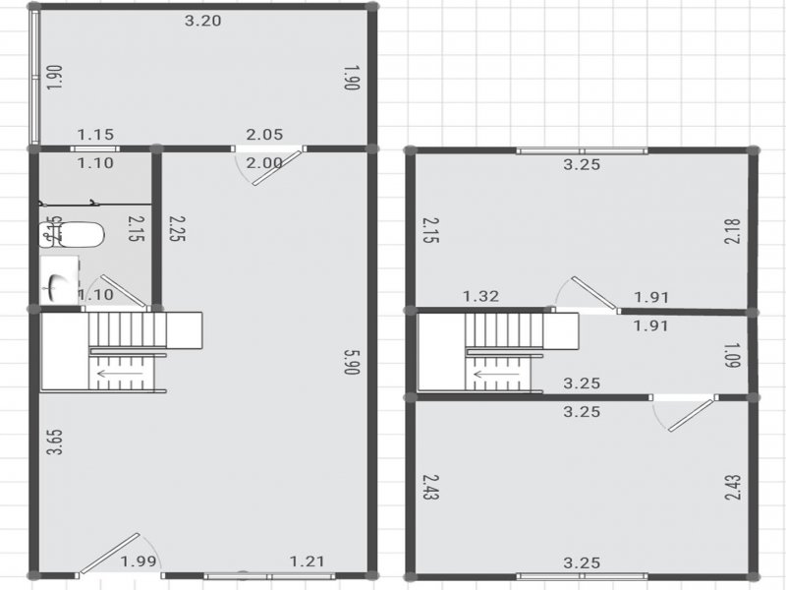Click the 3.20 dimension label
coord(202,19)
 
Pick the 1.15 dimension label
coord(96,134)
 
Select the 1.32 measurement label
coord(481,295)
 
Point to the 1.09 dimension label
coord(731,353)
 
